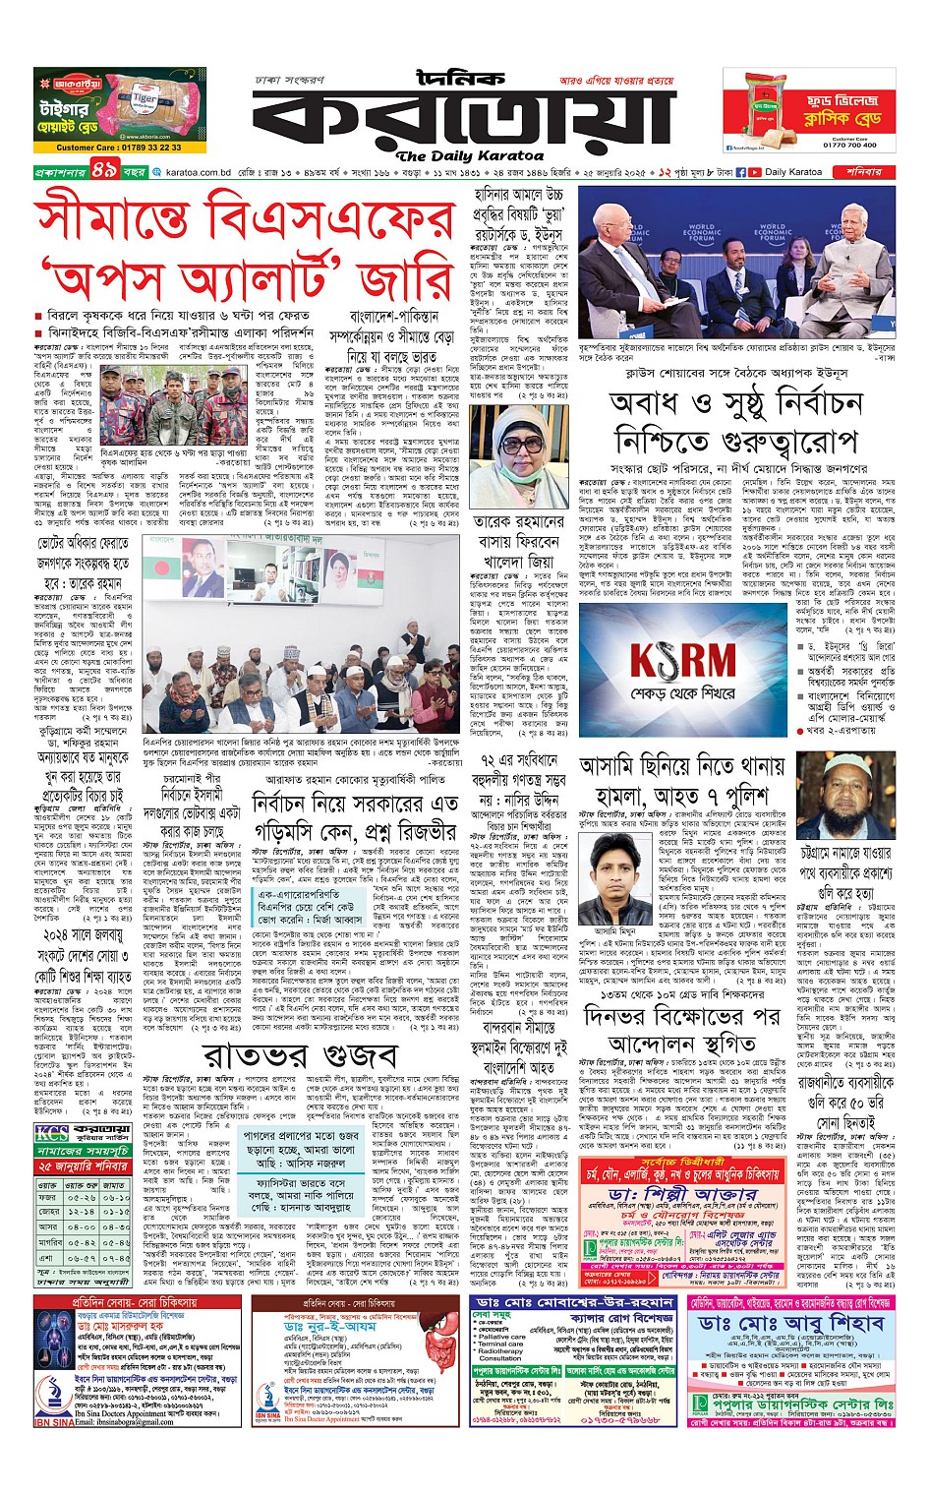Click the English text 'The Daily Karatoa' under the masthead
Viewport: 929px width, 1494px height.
[x=470, y=155]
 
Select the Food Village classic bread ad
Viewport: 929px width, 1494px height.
[x=809, y=110]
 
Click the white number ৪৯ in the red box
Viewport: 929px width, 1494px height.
[x=104, y=171]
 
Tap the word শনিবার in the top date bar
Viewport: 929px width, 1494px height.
[x=864, y=172]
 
